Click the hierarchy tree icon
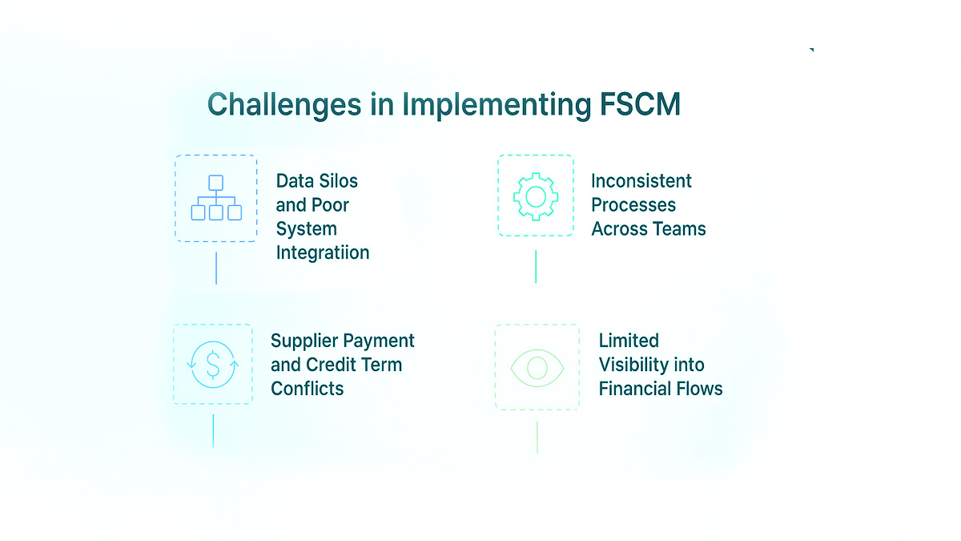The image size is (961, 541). [216, 199]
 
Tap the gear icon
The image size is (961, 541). [536, 196]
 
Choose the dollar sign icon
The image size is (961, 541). [213, 364]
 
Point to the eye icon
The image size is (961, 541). [537, 367]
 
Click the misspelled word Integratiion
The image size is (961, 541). [323, 253]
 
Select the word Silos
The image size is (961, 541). [338, 181]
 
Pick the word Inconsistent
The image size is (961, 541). [641, 181]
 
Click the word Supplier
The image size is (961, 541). [304, 341]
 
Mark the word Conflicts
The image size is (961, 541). [308, 389]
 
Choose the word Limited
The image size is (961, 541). [629, 341]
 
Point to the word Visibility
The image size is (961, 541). [633, 365]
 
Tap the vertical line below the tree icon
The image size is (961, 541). [216, 268]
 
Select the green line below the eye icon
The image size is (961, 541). [537, 438]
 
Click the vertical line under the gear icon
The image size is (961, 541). [536, 266]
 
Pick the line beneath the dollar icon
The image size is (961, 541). [213, 431]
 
